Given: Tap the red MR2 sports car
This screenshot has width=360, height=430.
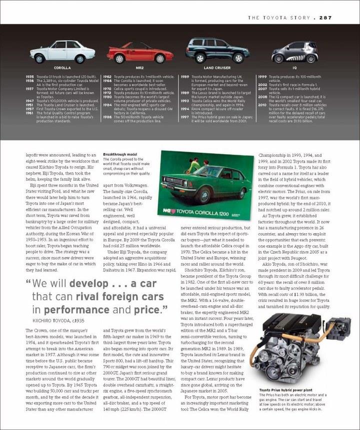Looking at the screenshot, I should pyautogui.click(x=140, y=53).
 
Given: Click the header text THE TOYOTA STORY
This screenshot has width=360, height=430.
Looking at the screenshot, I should pyautogui.click(x=279, y=18).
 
